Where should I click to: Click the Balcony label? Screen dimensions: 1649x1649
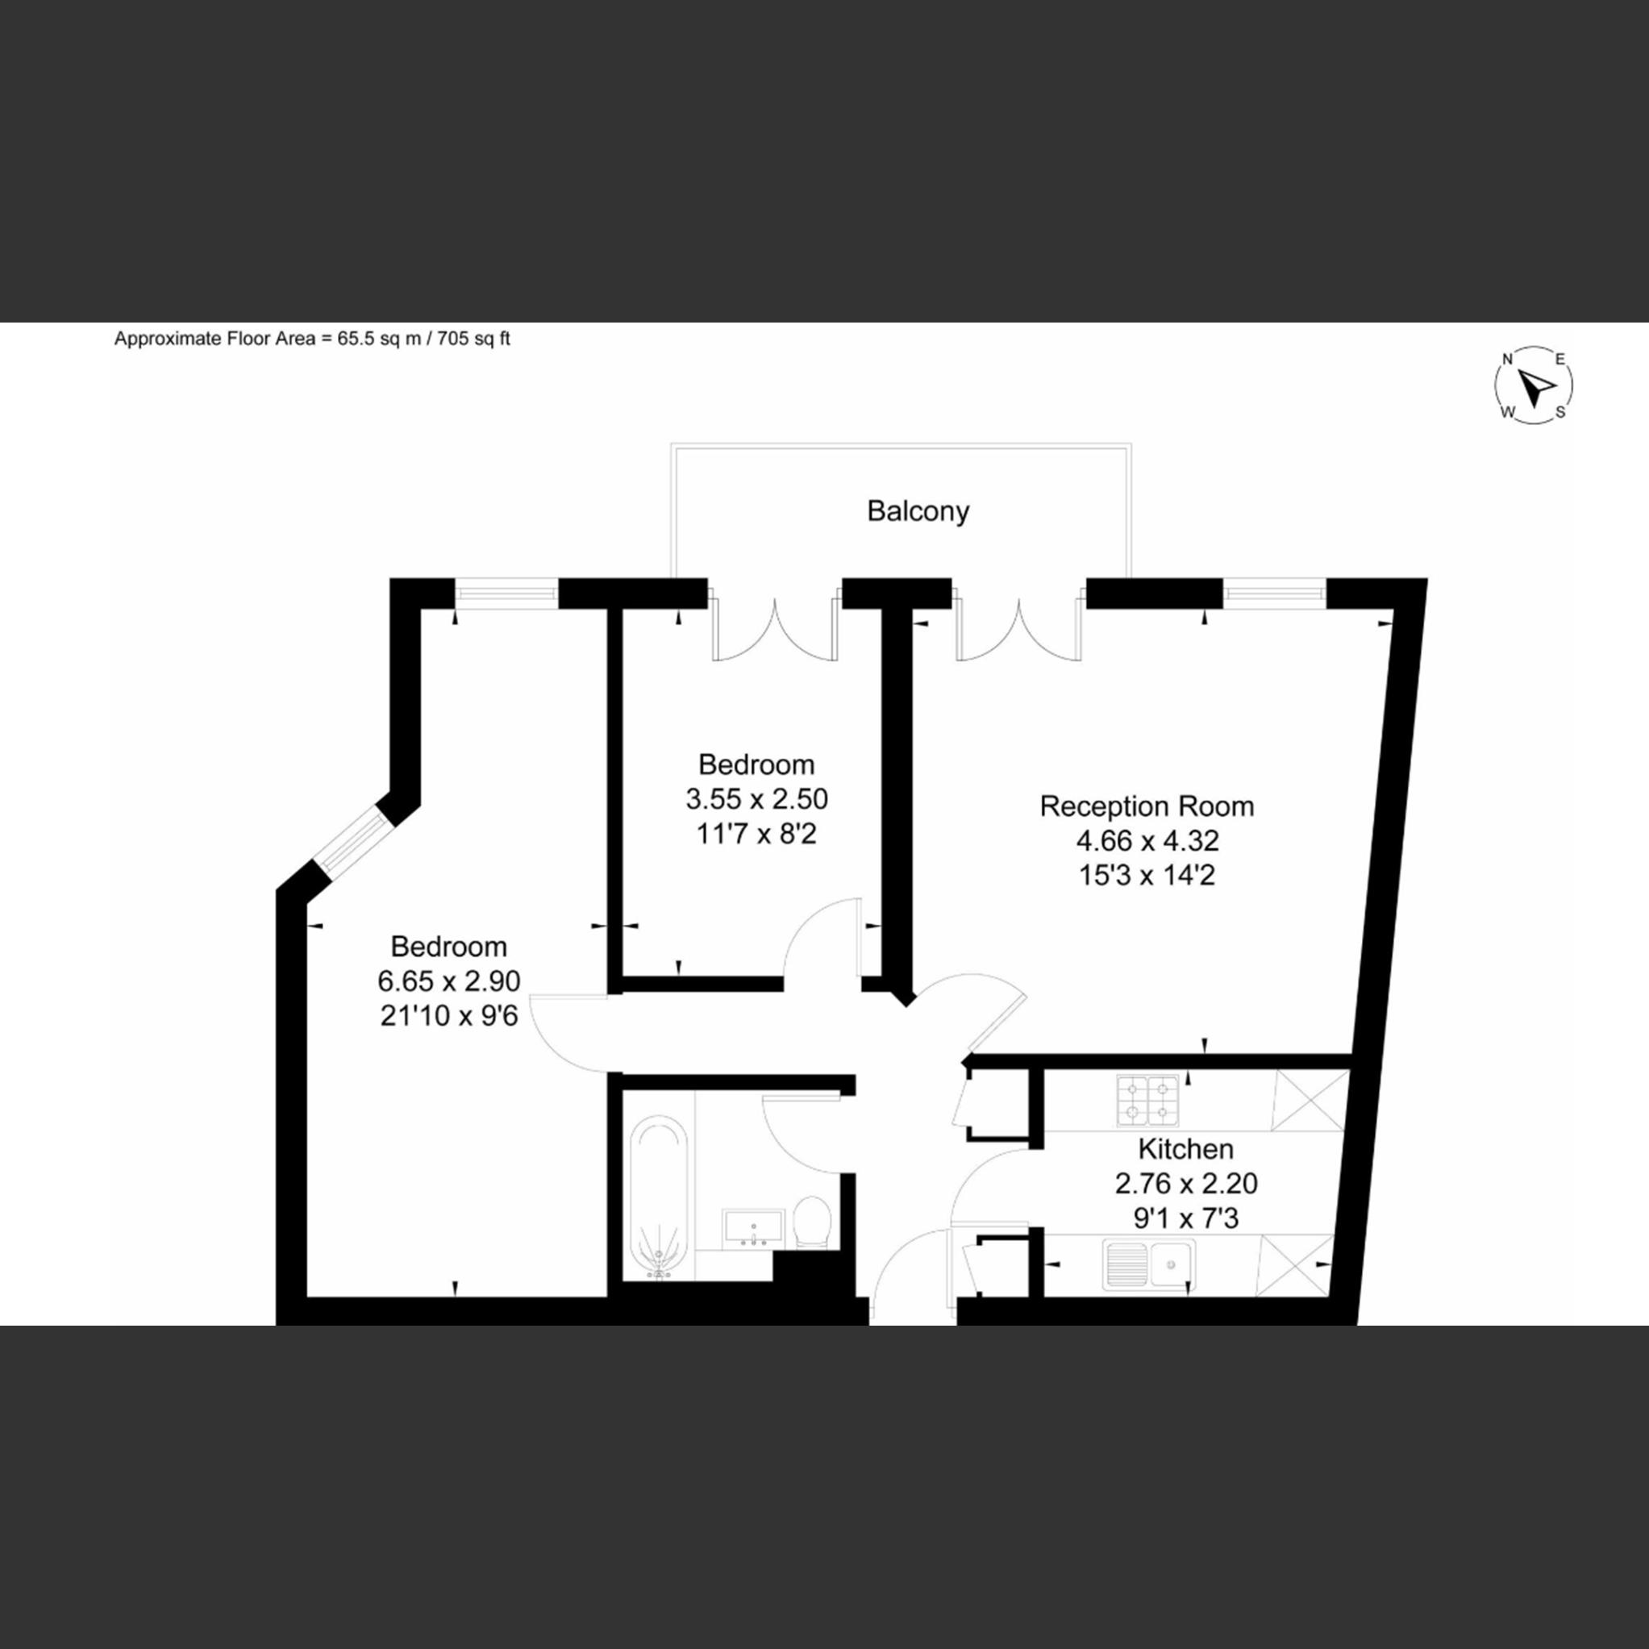[918, 511]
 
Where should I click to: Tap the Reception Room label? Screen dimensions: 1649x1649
[1147, 806]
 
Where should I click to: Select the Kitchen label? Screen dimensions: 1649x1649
[1185, 1149]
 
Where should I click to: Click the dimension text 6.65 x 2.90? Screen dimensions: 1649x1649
[449, 981]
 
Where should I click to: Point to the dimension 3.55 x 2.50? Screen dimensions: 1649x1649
[756, 799]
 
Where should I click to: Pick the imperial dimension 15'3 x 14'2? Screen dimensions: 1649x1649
[1147, 876]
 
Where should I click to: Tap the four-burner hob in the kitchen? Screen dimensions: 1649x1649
[1147, 1101]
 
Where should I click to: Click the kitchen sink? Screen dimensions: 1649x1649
[1149, 1264]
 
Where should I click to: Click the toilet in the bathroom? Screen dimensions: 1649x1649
[812, 1223]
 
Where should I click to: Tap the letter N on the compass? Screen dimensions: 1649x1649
[1507, 360]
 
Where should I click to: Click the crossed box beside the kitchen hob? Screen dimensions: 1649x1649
[1310, 1100]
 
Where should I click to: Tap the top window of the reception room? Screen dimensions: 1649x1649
[1275, 594]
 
